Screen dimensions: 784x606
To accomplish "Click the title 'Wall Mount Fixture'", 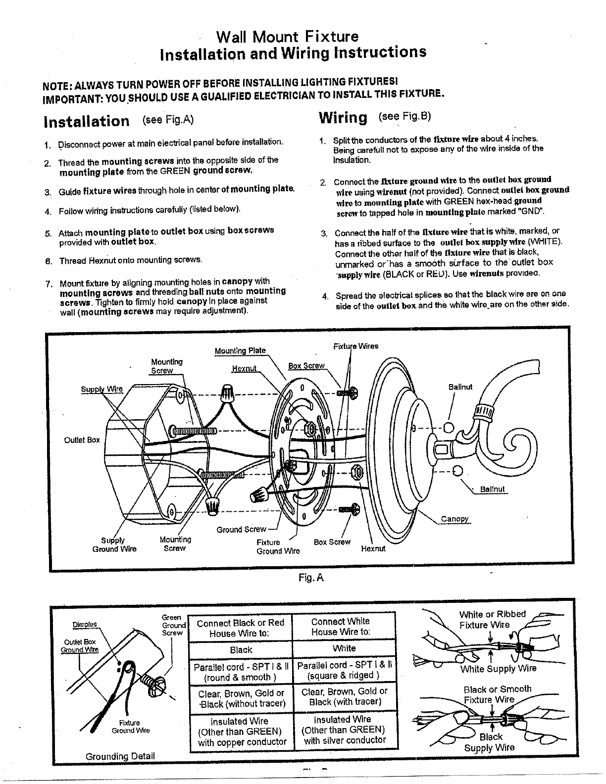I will pos(288,37).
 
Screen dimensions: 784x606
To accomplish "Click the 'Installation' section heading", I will pos(87,121).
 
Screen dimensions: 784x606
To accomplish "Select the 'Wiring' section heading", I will pos(343,118).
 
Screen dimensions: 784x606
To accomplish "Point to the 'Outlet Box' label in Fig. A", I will pos(82,440).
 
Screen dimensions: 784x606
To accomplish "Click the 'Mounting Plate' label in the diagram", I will pos(240,351).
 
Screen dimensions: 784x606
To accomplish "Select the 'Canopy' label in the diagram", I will pos(455,519).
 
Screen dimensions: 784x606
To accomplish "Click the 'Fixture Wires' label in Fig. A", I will pos(355,346).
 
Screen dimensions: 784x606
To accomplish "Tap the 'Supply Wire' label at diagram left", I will pos(101,389).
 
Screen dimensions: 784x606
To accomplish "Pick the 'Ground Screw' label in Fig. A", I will pos(241,530).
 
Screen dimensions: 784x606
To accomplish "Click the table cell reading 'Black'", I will pos(241,650).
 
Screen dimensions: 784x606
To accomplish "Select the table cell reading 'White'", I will pos(344,648).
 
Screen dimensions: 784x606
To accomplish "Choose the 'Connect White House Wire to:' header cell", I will pos(340,626).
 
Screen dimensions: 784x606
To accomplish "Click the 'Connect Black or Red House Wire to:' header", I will pos(240,628).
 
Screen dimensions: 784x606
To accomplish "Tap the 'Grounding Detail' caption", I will pos(120,756).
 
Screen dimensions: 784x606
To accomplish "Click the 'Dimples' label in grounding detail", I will pos(85,624).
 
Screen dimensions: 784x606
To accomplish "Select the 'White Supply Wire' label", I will pos(498,669).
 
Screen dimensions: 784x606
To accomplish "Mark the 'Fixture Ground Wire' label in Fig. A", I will pos(278,546).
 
